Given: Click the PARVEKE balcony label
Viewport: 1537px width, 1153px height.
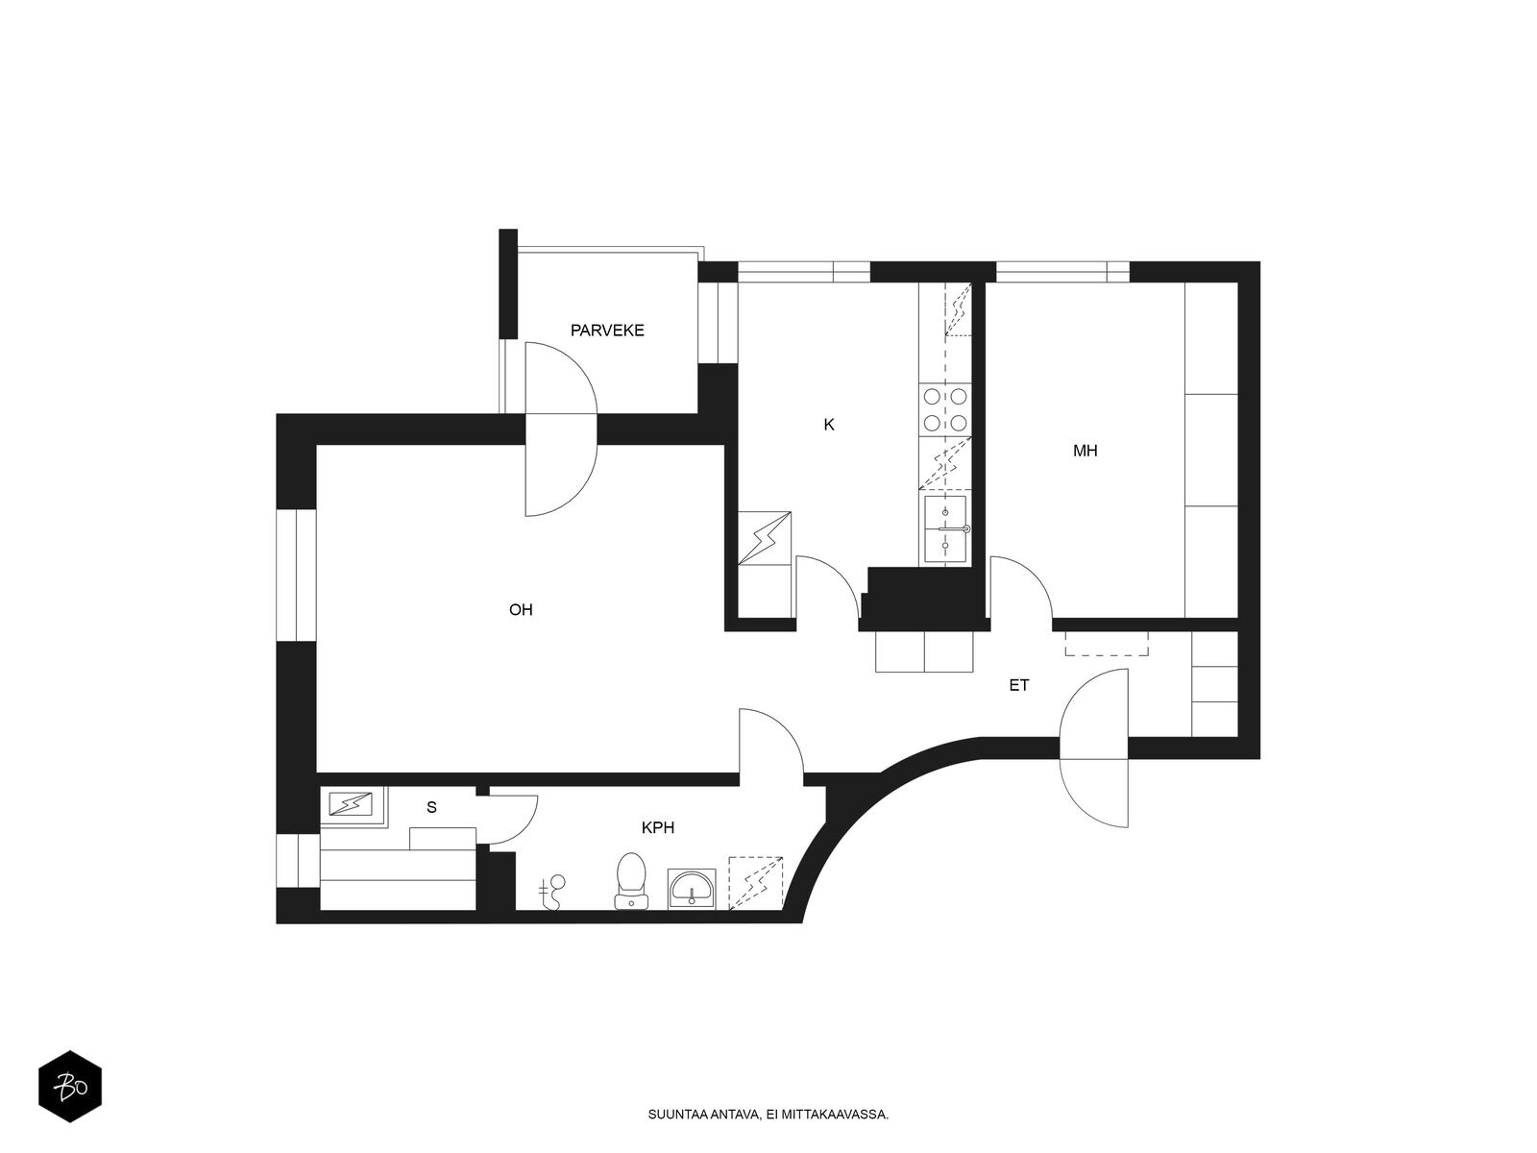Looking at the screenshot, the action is (x=606, y=331).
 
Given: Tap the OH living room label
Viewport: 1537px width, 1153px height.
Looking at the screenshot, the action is (x=521, y=610).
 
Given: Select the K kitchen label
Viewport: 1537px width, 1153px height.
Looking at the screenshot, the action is (x=828, y=425).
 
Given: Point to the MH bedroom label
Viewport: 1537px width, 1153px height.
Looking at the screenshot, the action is (x=1085, y=451).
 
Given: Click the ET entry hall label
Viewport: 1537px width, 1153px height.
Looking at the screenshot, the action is (x=1019, y=685).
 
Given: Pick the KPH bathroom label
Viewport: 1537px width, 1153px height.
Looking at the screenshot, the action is (x=657, y=827).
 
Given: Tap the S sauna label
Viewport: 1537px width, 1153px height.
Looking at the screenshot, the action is (x=431, y=807).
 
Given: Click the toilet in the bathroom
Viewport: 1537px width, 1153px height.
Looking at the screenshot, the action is (x=631, y=880).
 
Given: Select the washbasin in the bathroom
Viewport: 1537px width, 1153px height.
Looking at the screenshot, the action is (x=691, y=889).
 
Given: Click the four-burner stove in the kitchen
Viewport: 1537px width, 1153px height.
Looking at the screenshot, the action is (x=944, y=409).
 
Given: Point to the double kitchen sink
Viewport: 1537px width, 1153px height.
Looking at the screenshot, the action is (x=945, y=528).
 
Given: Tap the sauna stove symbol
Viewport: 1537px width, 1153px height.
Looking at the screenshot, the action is (x=350, y=804).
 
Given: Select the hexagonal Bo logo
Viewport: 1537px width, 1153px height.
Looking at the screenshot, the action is (x=70, y=1087).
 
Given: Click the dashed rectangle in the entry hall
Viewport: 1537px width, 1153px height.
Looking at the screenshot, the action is (x=1107, y=644).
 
